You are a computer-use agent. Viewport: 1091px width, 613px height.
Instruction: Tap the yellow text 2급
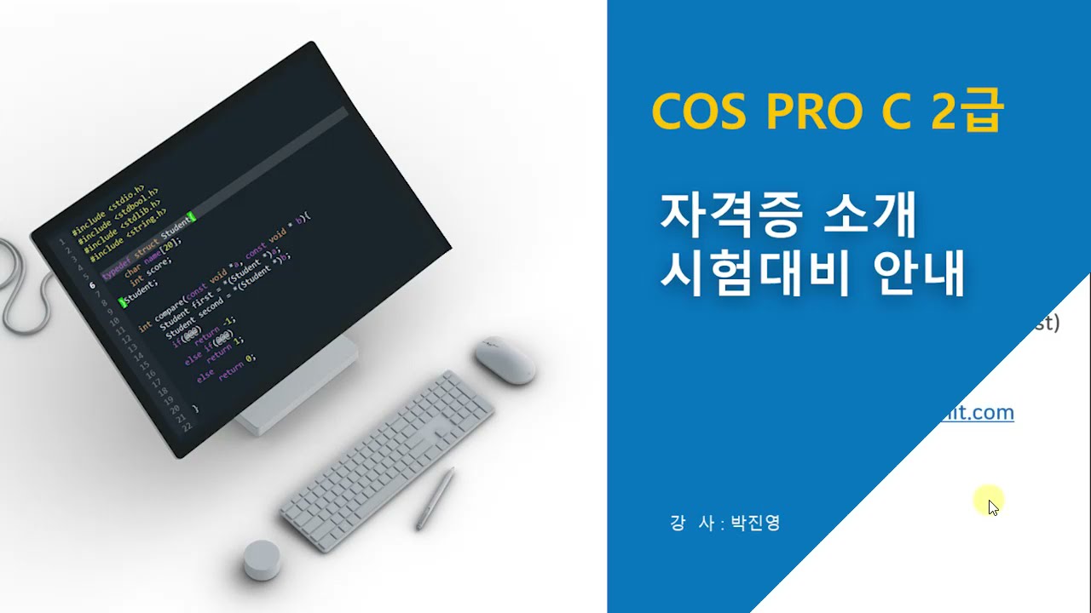968,111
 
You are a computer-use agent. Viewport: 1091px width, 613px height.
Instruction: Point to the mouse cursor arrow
992,507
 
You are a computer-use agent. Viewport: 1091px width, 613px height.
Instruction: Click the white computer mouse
505,359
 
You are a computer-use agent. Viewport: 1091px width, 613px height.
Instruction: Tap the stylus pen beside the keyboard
436,498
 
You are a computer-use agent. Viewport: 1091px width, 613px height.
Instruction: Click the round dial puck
262,559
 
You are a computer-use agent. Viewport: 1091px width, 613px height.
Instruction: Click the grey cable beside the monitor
19,289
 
